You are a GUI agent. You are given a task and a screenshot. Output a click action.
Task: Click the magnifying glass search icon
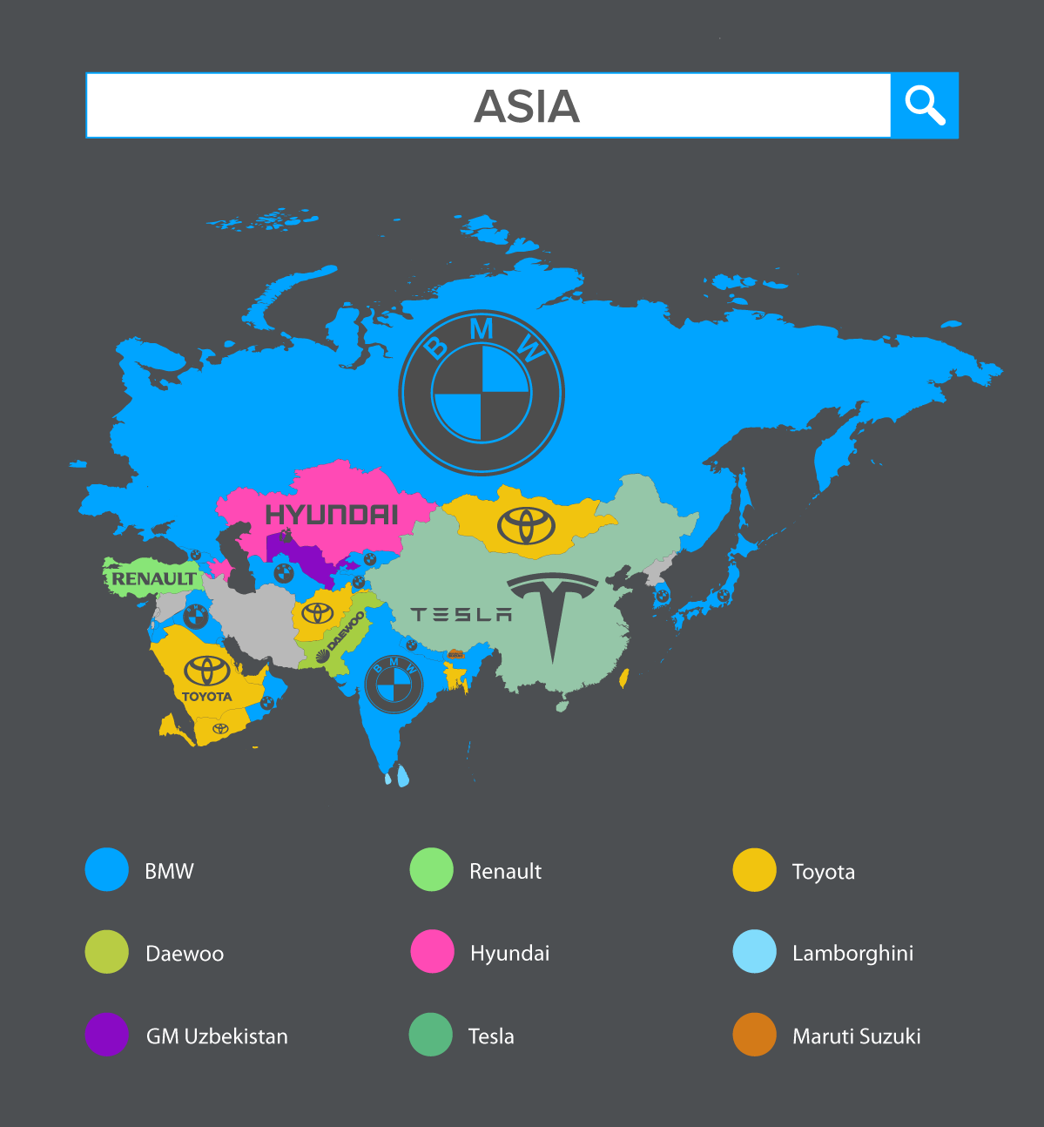coord(925,105)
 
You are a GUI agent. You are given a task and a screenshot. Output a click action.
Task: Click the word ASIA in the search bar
coord(527,106)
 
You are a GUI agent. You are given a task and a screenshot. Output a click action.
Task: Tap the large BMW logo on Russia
coord(482,393)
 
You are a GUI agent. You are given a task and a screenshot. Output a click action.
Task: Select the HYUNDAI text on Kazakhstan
coord(332,515)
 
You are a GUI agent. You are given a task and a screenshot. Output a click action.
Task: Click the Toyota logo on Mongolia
coord(526,525)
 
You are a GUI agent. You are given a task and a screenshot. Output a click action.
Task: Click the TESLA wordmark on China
coord(461,615)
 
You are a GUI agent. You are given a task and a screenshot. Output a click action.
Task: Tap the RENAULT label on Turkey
coord(154,578)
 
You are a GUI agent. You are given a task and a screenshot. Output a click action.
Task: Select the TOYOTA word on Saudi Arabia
coord(206,697)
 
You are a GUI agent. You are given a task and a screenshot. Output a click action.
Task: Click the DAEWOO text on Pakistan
coord(347,631)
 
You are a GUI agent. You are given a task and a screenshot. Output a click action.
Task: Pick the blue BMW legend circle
coord(107,869)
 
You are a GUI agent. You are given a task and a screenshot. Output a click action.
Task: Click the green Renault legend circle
coord(432,869)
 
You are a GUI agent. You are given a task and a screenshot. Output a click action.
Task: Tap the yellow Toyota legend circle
coord(754,869)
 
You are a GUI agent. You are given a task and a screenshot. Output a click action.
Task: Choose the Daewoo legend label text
coord(185,954)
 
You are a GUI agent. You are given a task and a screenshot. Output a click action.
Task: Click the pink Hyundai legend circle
coord(432,951)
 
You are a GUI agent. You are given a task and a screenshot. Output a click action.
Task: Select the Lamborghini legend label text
coord(852,954)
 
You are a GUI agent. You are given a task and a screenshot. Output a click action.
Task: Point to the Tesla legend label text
coord(491,1036)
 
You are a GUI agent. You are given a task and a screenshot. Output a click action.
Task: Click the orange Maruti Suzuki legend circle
coord(754,1034)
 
